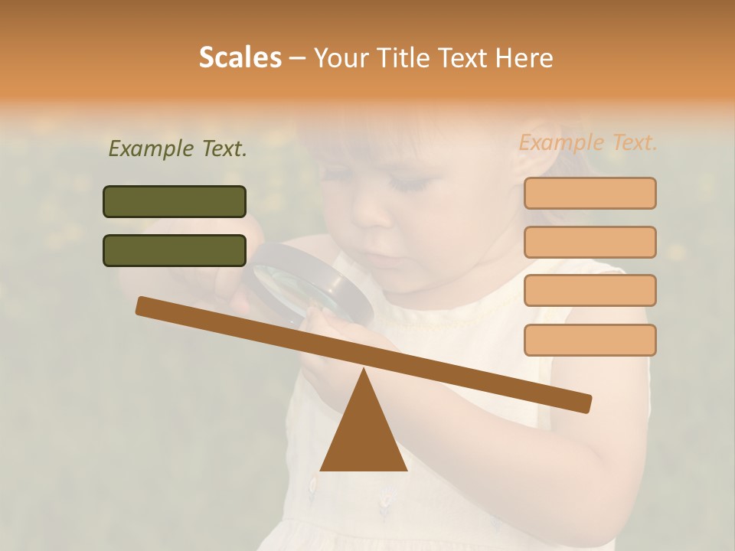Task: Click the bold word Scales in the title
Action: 240,57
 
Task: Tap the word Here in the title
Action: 524,57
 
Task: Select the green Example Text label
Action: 178,149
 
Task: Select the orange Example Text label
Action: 588,142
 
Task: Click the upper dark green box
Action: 175,201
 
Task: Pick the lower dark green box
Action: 175,250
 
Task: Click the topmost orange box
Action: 590,193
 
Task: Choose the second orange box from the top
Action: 590,242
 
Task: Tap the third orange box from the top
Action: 590,290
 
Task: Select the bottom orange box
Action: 590,340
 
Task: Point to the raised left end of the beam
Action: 143,305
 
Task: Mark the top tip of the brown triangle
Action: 364,370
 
